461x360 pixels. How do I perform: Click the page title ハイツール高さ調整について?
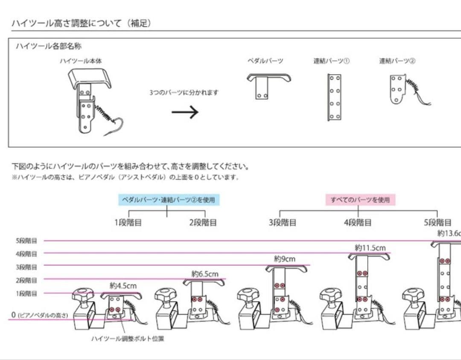pos(81,23)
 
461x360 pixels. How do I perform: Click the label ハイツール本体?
pos(81,61)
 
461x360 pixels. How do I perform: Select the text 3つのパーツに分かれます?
pos(184,92)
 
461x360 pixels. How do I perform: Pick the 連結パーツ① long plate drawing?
pos(334,97)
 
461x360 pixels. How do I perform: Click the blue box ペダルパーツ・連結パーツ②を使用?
pos(168,200)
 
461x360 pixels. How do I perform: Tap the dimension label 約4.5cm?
pos(123,285)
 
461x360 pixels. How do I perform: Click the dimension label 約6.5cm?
pos(205,273)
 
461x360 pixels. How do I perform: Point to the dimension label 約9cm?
pos(284,259)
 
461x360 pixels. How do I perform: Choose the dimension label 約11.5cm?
pos(370,247)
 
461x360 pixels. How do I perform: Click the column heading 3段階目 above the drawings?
pos(283,223)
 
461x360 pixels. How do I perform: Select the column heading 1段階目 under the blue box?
pos(128,223)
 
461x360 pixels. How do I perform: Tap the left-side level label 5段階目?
pos(26,241)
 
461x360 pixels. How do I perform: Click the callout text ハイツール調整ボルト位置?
pos(128,339)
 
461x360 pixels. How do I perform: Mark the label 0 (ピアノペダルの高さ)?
pos(39,315)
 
